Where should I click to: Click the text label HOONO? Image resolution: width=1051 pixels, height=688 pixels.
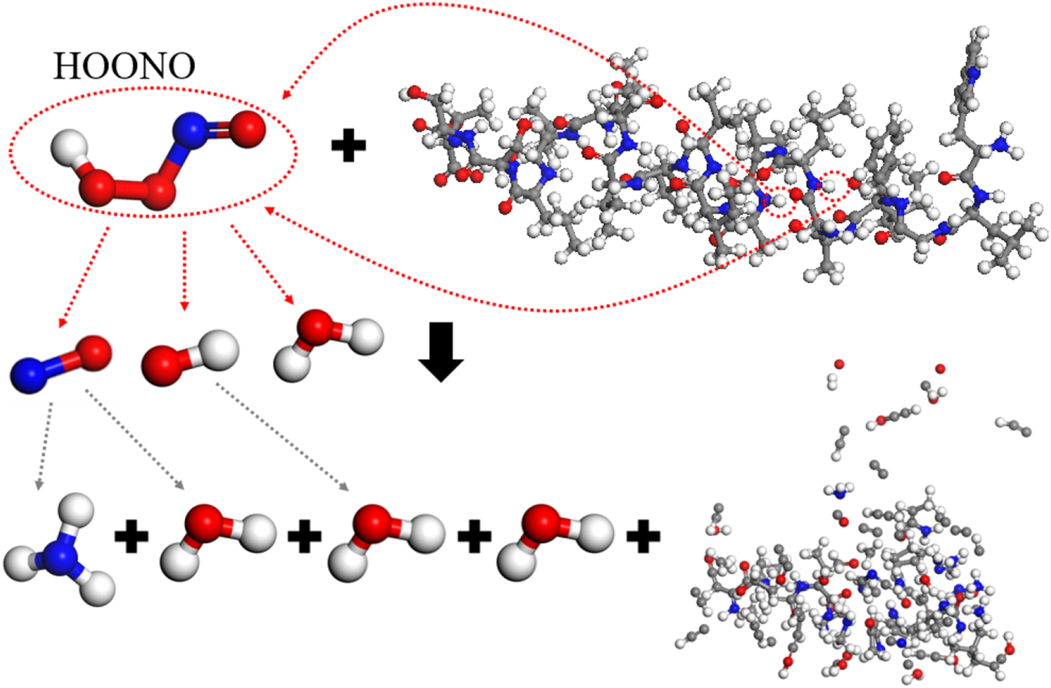click(x=124, y=67)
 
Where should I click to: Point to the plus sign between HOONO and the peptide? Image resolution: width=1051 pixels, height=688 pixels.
click(x=349, y=146)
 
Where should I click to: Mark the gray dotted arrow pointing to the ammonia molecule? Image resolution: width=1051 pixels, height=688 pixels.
click(x=45, y=445)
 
